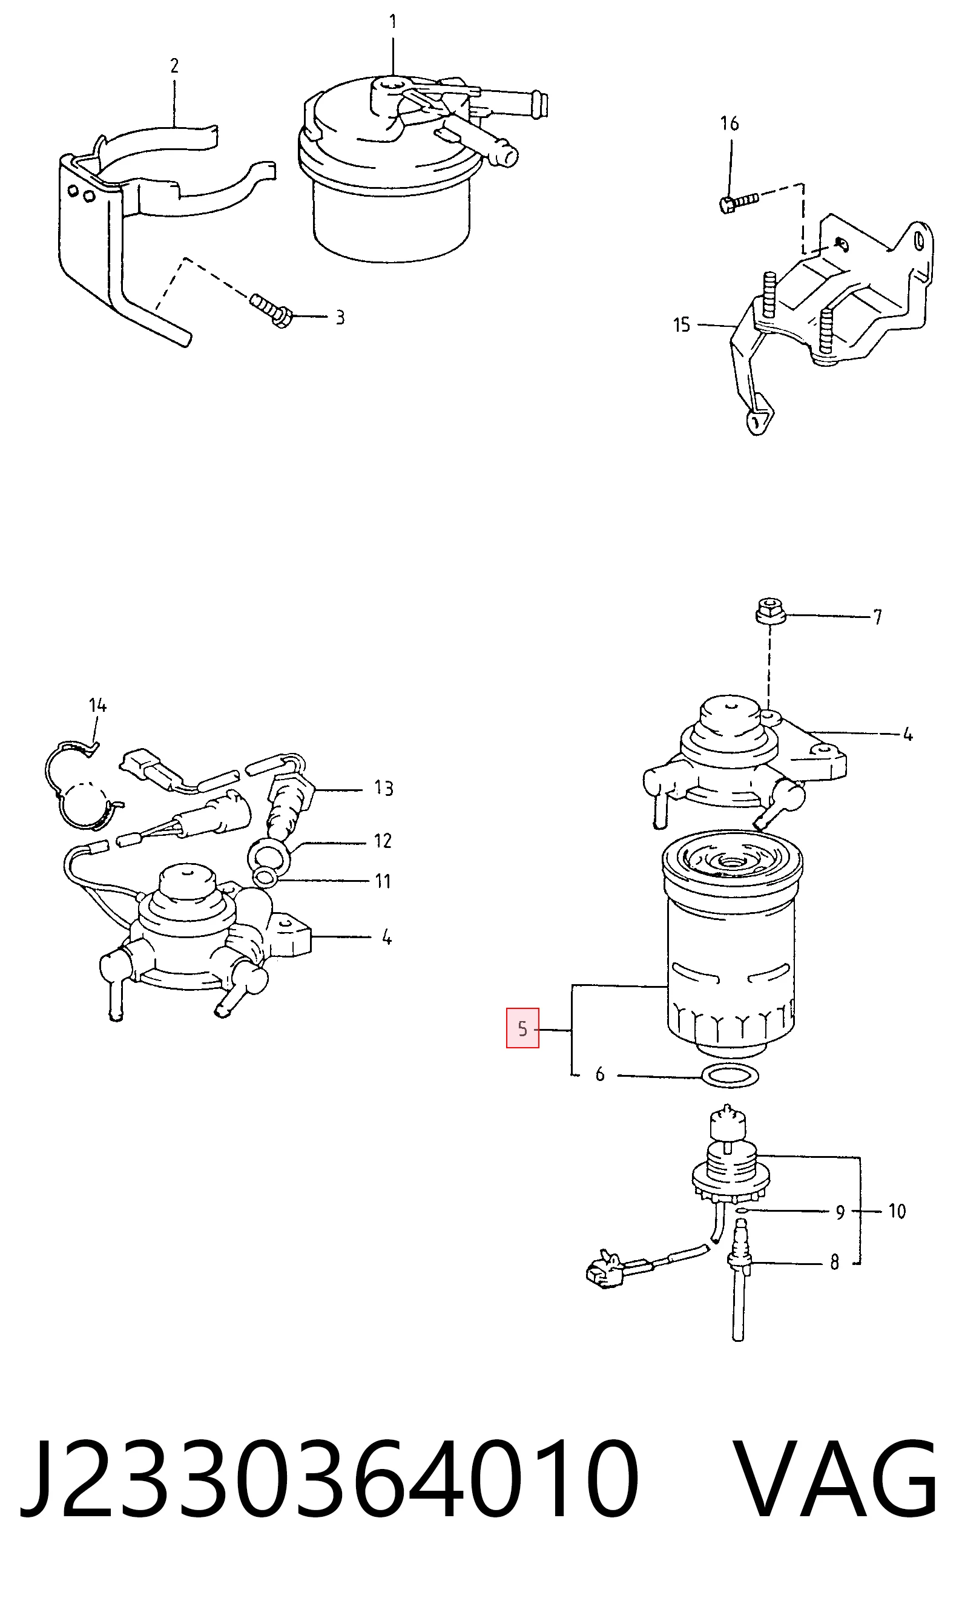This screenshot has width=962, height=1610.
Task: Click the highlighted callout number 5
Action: (522, 1028)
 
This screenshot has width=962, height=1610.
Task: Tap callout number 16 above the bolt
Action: (730, 123)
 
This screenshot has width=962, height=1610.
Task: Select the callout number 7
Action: (877, 617)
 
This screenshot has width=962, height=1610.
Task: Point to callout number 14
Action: (98, 705)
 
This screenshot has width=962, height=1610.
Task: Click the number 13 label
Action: (384, 788)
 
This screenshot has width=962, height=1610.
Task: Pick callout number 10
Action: (897, 1211)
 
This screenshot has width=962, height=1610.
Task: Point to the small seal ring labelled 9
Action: (743, 1209)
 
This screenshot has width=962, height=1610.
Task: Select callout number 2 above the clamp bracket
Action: (174, 65)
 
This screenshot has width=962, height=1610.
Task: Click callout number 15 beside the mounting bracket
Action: (682, 324)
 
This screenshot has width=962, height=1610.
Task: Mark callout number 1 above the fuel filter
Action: (393, 22)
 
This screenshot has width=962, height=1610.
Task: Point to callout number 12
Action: (383, 840)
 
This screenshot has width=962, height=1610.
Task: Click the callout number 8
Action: (834, 1262)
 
